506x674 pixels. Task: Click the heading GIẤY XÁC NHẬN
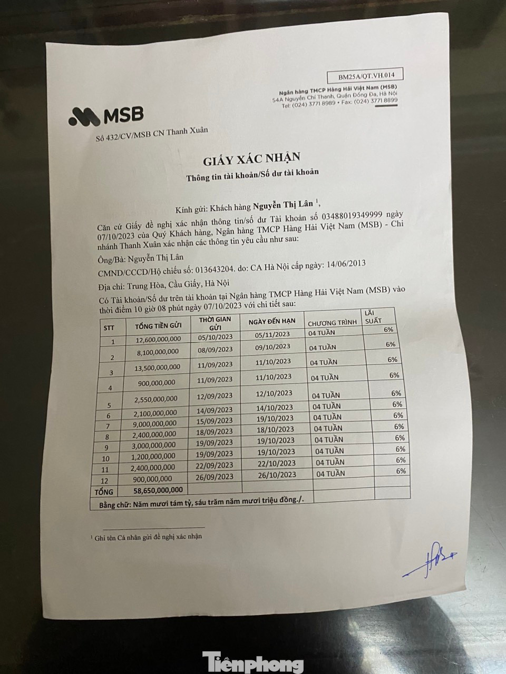[248, 156]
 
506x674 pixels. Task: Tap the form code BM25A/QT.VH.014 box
[365, 75]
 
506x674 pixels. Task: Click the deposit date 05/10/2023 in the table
[215, 336]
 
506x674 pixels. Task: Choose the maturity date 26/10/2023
[276, 474]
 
